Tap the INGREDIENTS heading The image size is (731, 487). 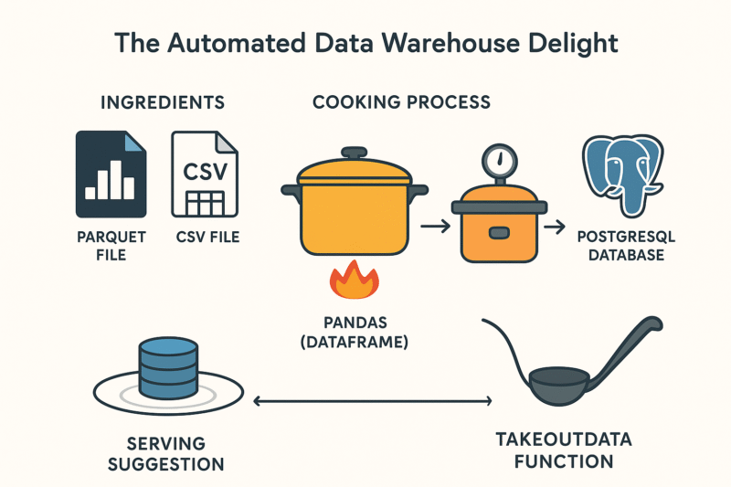163,101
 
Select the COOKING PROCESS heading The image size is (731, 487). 401,101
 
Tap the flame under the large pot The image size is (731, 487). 353,281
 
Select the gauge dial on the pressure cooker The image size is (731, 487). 498,161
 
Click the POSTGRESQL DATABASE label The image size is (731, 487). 627,246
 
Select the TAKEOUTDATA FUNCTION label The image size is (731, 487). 563,450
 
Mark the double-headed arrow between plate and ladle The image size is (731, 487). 373,400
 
